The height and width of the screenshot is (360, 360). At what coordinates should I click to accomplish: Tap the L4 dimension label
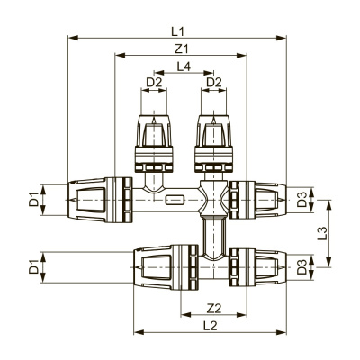point(184,66)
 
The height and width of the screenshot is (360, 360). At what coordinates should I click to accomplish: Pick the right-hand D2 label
point(213,83)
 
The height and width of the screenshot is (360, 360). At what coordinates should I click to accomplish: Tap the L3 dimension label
point(335,231)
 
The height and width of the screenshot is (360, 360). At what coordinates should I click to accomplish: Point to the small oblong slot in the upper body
point(174,196)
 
